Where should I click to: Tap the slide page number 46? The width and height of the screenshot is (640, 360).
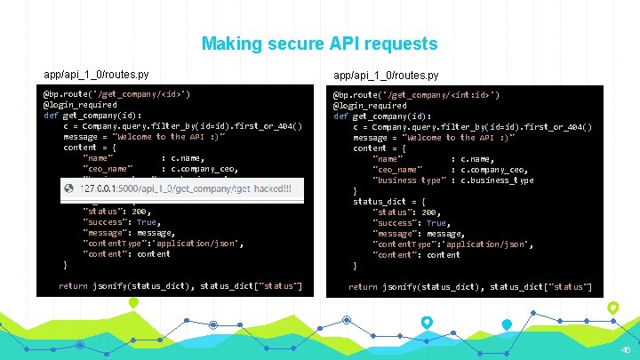click(x=625, y=349)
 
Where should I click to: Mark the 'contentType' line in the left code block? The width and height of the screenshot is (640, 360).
click(x=162, y=244)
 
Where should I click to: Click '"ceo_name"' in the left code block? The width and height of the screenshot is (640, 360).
click(x=108, y=169)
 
